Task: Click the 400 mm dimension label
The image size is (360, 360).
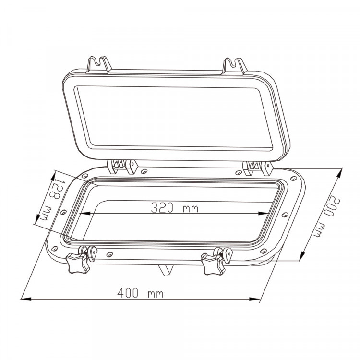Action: pos(140,293)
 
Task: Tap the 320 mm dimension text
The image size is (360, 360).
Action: pos(174,208)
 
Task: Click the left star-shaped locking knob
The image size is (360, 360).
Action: pos(77,263)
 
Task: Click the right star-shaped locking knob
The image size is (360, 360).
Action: pos(212,264)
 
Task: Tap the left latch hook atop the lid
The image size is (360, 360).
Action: pos(98,65)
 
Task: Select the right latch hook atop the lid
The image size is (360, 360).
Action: pos(234,67)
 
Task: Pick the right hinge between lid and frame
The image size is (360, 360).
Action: pos(258,168)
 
